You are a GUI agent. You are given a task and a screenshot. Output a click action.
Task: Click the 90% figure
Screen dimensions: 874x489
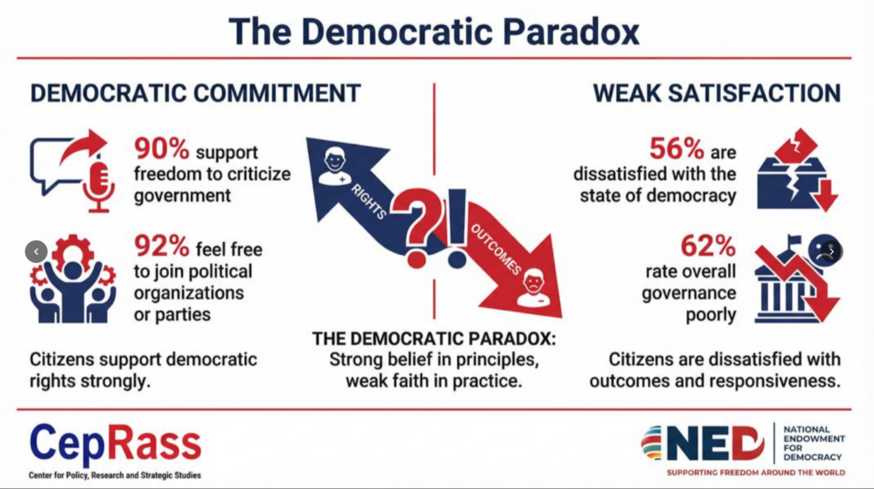coord(161,148)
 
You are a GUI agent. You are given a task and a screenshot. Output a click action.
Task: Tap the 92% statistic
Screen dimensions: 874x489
coord(161,246)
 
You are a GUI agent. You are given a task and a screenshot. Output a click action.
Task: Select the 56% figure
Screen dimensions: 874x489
coord(677,148)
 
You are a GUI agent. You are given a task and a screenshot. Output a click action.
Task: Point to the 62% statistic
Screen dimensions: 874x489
coord(708,246)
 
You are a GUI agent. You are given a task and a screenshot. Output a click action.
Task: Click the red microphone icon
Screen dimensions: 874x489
coord(99,186)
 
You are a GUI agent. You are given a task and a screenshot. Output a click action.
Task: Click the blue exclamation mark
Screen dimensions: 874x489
coord(457,229)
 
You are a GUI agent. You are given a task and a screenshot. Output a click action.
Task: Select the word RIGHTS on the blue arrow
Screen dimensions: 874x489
coord(369,201)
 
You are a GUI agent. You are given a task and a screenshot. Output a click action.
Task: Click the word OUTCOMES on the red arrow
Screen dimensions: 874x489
coord(496,249)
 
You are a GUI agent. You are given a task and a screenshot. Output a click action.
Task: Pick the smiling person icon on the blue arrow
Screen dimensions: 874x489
coord(335,166)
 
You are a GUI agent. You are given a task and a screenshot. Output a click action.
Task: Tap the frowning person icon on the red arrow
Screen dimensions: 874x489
coord(533,287)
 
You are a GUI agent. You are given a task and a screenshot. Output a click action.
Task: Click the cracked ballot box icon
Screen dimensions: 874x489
coord(797,170)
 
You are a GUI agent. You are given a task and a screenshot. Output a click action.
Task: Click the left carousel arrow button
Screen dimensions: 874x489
coord(36,252)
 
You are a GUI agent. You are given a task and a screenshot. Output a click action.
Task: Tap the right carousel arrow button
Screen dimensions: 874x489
coord(831,252)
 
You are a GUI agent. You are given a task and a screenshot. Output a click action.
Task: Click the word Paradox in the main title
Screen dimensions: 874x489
coord(571,32)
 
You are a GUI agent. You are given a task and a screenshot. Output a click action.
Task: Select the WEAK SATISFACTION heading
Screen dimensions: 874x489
coord(717,93)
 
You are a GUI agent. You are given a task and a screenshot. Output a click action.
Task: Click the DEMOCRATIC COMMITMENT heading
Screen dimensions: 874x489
coord(195,93)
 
